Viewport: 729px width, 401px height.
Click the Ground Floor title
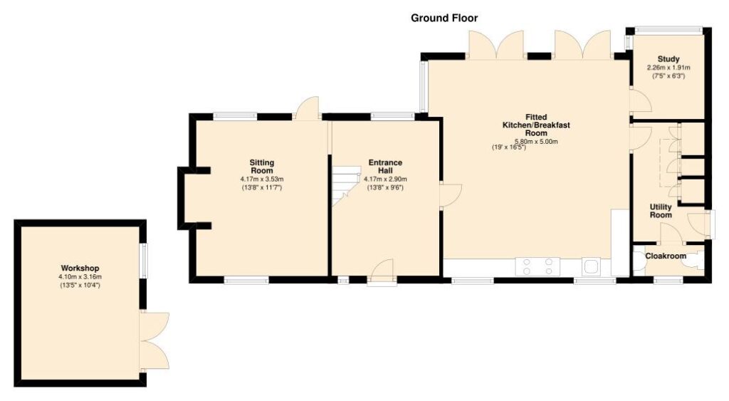[444, 18]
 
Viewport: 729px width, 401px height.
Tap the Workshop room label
[80, 269]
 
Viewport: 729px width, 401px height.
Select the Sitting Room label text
[262, 167]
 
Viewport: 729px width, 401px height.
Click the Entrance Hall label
[385, 167]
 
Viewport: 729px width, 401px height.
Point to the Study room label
[668, 59]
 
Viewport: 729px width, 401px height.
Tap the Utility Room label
[661, 211]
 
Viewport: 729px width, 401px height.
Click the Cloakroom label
[666, 256]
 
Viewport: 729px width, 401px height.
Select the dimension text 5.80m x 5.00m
[536, 142]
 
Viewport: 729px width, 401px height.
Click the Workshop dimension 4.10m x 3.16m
[80, 277]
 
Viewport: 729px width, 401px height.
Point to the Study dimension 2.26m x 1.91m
[668, 68]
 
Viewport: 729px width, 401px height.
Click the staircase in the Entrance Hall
[346, 186]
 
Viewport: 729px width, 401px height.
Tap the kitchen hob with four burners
[537, 266]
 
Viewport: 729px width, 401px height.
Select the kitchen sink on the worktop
[592, 266]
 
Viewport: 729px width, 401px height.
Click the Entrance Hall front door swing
[382, 270]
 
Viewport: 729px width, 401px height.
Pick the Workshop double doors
[154, 341]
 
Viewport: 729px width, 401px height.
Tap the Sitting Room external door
[307, 108]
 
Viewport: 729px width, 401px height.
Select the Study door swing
[640, 100]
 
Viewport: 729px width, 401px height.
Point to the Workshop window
[144, 261]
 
